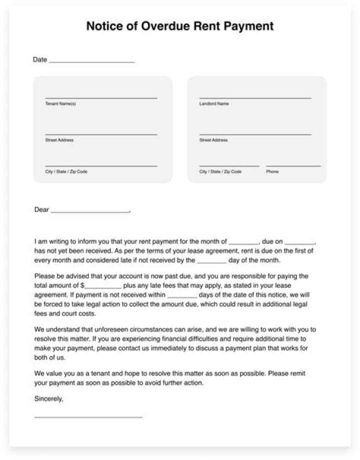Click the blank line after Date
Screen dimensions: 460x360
click(x=92, y=62)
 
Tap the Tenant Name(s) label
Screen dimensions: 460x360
click(x=60, y=104)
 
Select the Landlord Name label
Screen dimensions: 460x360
click(x=214, y=104)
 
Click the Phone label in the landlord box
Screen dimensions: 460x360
click(x=272, y=171)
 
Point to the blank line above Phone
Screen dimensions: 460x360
click(x=293, y=165)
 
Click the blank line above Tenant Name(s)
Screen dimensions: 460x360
click(x=101, y=98)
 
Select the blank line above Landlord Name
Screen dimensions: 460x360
click(x=255, y=98)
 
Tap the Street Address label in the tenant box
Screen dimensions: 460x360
click(x=59, y=140)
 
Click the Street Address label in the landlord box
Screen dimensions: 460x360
click(x=213, y=140)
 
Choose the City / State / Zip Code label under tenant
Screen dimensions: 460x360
click(x=66, y=171)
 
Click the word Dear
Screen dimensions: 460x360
click(x=41, y=210)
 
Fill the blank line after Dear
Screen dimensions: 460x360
click(x=90, y=212)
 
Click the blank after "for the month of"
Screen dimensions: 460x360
click(x=243, y=242)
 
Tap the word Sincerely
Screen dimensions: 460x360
click(x=49, y=399)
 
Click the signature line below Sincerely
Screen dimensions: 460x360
click(x=88, y=417)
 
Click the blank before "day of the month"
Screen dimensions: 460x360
click(x=212, y=262)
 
